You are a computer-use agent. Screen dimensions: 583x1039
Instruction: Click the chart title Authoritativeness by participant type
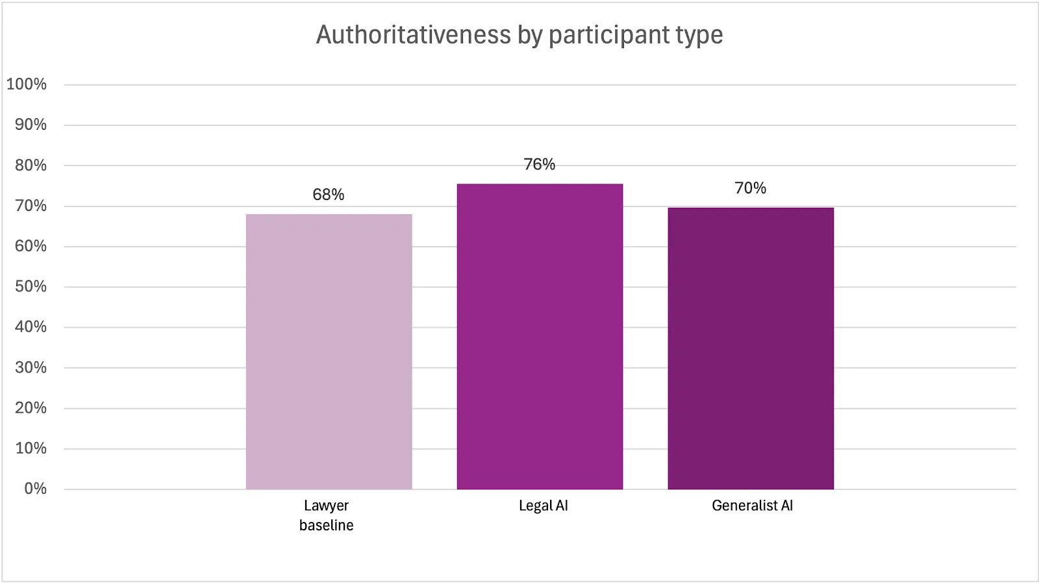pyautogui.click(x=519, y=35)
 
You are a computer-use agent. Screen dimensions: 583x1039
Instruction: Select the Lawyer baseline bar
pyautogui.click(x=329, y=351)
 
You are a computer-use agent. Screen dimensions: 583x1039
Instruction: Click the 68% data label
pyautogui.click(x=329, y=195)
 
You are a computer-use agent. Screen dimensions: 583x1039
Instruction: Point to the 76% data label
pyautogui.click(x=540, y=165)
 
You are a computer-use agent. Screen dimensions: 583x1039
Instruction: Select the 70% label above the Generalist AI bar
pyautogui.click(x=751, y=188)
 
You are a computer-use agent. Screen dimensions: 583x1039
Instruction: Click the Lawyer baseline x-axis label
pyautogui.click(x=327, y=515)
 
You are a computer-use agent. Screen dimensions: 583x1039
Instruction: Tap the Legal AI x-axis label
pyautogui.click(x=544, y=506)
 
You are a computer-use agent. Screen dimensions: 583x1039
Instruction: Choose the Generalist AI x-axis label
pyautogui.click(x=753, y=506)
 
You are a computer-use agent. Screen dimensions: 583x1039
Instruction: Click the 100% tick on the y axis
pyautogui.click(x=27, y=84)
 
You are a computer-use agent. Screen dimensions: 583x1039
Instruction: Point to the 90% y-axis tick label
pyautogui.click(x=31, y=125)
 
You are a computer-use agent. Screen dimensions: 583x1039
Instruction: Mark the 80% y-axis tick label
pyautogui.click(x=31, y=166)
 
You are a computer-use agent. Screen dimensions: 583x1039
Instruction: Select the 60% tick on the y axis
pyautogui.click(x=31, y=246)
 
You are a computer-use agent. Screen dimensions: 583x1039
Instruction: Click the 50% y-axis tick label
pyautogui.click(x=31, y=286)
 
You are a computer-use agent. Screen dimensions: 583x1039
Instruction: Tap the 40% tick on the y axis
pyautogui.click(x=31, y=327)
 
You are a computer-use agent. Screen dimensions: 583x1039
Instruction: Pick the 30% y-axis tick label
pyautogui.click(x=31, y=367)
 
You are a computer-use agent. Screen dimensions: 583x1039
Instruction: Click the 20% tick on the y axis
pyautogui.click(x=31, y=408)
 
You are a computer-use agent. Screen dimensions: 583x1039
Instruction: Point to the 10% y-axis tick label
pyautogui.click(x=31, y=448)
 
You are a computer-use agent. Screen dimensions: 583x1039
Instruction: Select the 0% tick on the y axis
pyautogui.click(x=35, y=489)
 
